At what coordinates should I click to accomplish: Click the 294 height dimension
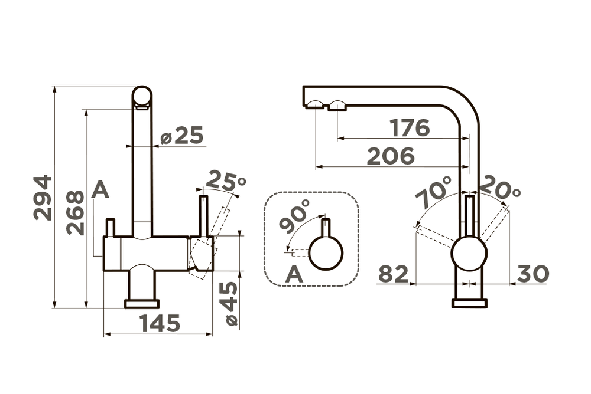(x=43, y=198)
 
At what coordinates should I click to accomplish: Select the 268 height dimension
(x=74, y=212)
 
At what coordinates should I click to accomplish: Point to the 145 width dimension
(x=160, y=323)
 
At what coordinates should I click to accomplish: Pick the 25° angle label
(x=226, y=180)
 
